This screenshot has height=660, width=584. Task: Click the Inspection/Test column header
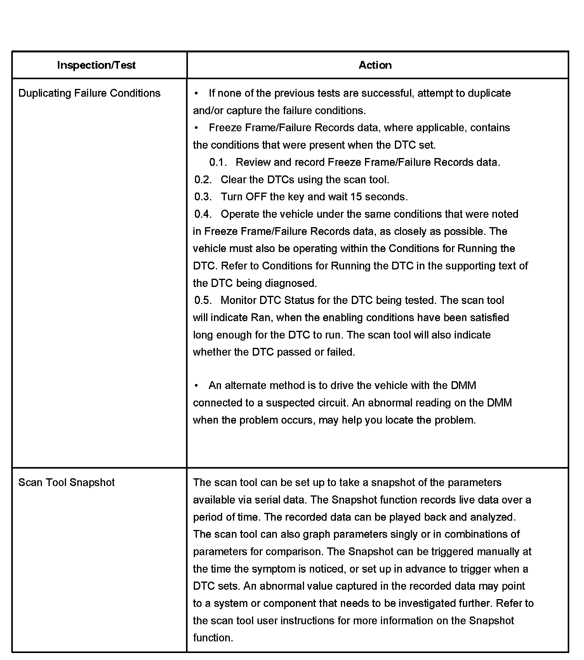[96, 65]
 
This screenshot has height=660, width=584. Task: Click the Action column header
[375, 65]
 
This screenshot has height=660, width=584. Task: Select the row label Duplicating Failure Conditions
[89, 93]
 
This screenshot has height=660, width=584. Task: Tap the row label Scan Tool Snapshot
[66, 482]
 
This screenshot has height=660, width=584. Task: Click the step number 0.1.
[217, 162]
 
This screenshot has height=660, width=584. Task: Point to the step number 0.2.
[203, 179]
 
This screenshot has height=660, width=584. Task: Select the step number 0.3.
[203, 197]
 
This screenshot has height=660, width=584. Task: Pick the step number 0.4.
[203, 214]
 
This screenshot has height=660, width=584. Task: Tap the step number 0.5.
[203, 300]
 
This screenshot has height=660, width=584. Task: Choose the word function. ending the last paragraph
[213, 638]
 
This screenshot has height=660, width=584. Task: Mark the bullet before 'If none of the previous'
[196, 93]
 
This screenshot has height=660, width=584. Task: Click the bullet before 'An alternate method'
[196, 385]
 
